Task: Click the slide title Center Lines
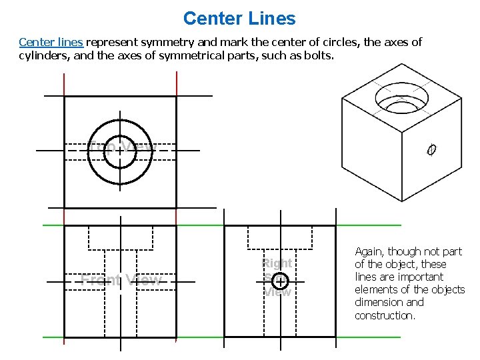click(239, 18)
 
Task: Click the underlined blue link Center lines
click(51, 42)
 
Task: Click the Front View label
click(121, 280)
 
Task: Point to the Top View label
click(121, 147)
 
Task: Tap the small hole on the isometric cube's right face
click(431, 150)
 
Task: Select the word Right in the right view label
click(277, 263)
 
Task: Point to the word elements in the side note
click(378, 289)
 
